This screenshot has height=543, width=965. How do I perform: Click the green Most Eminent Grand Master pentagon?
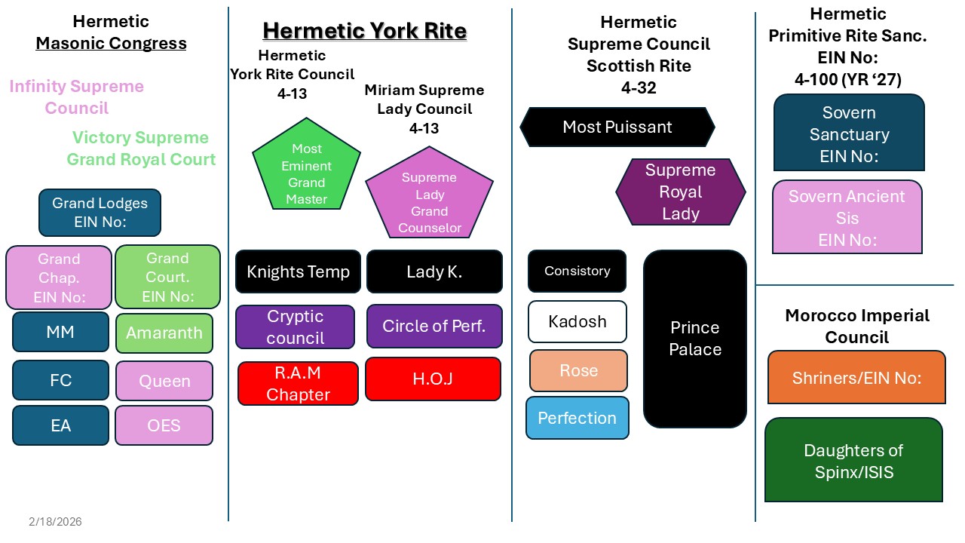(x=306, y=169)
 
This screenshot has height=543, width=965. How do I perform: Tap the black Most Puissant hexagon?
(x=617, y=127)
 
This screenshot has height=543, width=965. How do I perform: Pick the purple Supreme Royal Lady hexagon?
(x=680, y=192)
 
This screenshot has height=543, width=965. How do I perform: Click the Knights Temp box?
(x=298, y=271)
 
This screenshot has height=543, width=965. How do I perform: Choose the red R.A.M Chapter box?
(x=298, y=383)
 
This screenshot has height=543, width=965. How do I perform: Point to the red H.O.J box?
(x=433, y=379)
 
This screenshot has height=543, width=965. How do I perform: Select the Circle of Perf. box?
(x=433, y=326)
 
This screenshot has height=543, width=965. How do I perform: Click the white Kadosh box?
(x=577, y=321)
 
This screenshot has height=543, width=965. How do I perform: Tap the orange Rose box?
(x=578, y=370)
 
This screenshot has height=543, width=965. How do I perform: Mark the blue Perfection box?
(x=577, y=418)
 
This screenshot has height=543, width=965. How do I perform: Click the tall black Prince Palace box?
(x=695, y=339)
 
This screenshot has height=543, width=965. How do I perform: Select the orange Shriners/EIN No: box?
(x=856, y=378)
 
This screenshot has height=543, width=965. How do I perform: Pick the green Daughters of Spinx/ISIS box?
(x=853, y=460)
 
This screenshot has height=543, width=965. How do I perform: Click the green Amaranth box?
(x=164, y=333)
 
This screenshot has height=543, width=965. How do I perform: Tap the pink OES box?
(x=164, y=425)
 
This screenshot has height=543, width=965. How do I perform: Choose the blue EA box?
(x=60, y=425)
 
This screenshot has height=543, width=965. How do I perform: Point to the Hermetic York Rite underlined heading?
(x=364, y=31)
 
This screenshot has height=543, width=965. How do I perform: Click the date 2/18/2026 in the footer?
(x=56, y=522)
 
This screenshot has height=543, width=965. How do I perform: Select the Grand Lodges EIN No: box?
(x=100, y=213)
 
